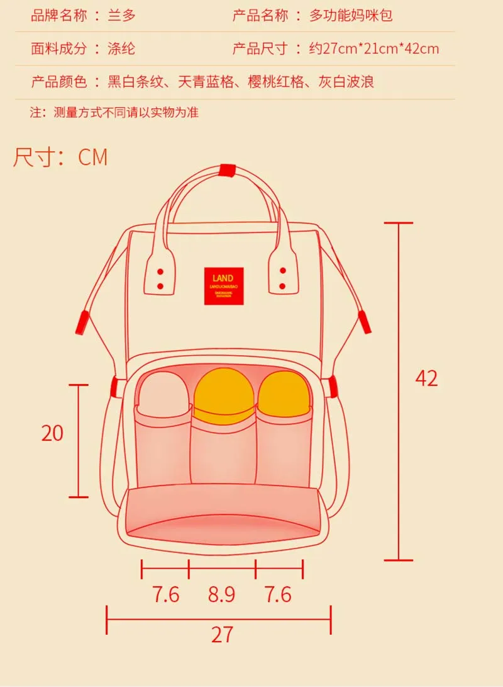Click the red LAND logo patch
pos(223,287)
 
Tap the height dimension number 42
pos(426,378)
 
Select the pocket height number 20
pos(53,433)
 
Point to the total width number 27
pos(222,634)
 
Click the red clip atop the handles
pos(227,170)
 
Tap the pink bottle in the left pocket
pos(163,394)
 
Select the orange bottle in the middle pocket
pos(223,397)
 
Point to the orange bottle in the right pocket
pos(284,395)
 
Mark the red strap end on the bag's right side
pos(365,322)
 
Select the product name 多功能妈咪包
pos(351,15)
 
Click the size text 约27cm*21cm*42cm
pos(374,48)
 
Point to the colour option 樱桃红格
pos(276,82)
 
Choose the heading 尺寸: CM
pos(60,157)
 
